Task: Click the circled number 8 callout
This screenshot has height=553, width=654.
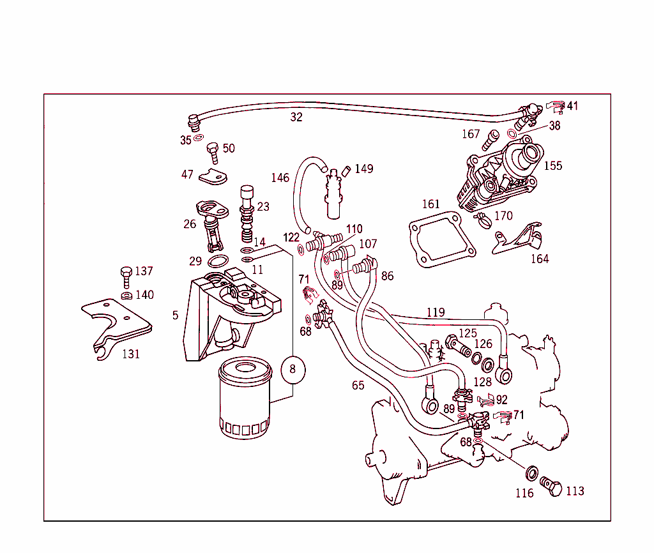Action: click(293, 369)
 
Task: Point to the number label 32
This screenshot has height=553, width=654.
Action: click(296, 117)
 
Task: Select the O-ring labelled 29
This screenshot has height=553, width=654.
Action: click(220, 261)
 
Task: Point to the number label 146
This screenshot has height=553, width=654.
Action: click(280, 178)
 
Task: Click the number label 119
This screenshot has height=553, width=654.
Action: click(436, 312)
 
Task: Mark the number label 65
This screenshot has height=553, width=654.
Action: click(358, 385)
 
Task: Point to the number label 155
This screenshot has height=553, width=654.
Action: click(553, 165)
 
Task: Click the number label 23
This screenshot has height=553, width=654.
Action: click(263, 206)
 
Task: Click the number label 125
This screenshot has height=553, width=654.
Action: click(468, 333)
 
